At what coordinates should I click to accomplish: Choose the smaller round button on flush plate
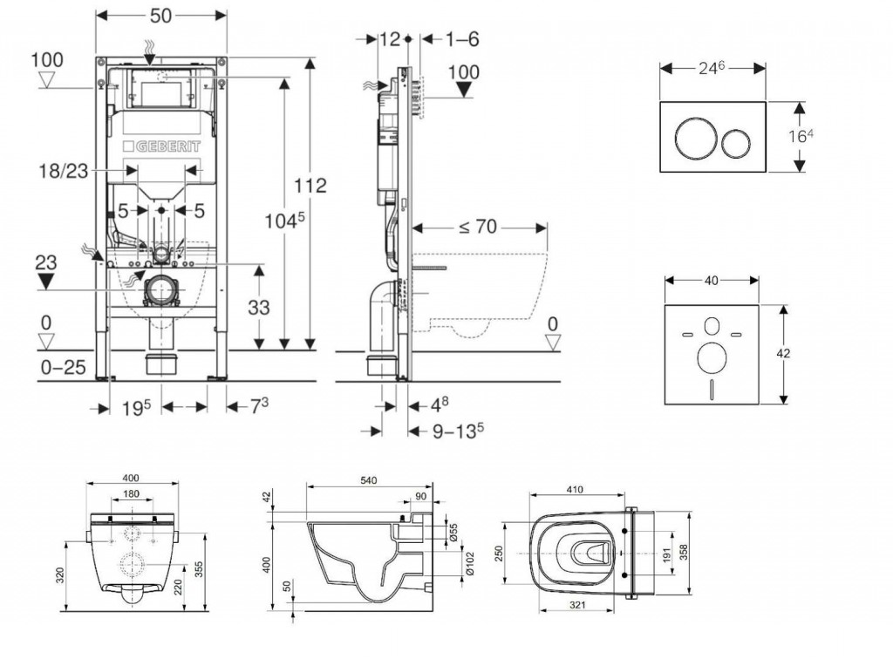(737, 140)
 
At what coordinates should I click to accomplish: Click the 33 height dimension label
(259, 307)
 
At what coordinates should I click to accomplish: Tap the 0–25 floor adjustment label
(64, 368)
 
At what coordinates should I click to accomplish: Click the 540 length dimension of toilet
(369, 479)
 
